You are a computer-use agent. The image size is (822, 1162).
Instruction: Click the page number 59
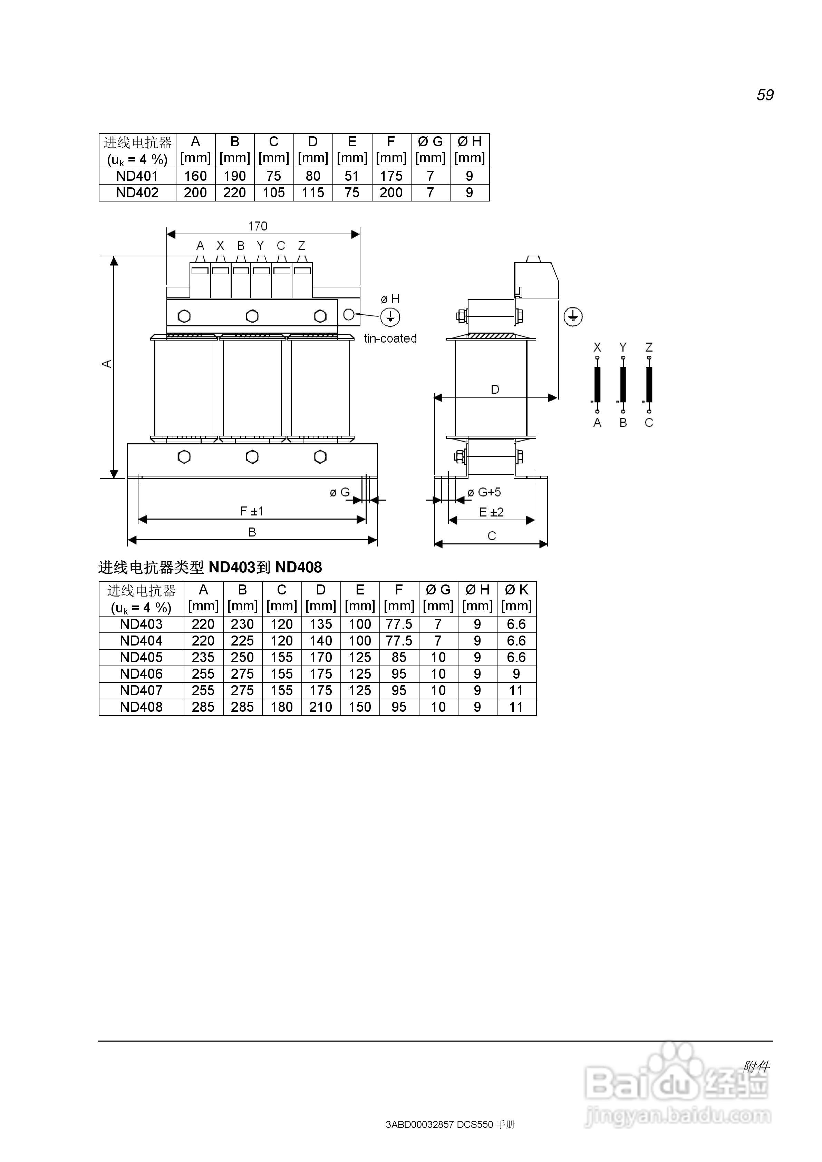[765, 95]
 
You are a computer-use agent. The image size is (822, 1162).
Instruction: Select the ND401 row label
[137, 176]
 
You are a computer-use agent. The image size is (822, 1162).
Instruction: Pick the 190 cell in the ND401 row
[234, 176]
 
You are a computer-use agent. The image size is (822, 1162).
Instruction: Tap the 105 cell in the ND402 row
[273, 193]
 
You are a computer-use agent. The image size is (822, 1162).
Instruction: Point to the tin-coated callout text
[390, 338]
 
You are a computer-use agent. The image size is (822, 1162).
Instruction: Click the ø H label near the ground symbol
[390, 299]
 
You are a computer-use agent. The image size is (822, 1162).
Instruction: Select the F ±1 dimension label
[252, 512]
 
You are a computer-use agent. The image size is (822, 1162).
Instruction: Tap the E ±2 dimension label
[491, 513]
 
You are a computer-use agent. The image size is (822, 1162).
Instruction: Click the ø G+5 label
[484, 492]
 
